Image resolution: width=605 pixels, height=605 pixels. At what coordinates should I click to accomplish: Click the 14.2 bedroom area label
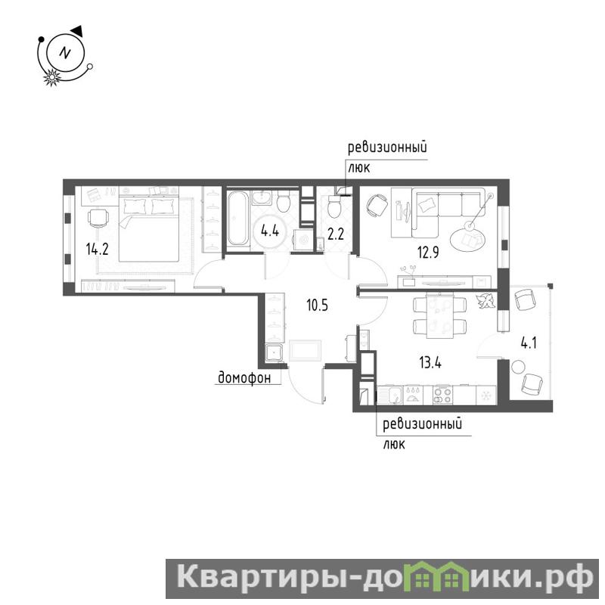click(x=98, y=250)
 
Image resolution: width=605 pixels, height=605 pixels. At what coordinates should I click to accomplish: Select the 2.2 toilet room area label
click(x=335, y=234)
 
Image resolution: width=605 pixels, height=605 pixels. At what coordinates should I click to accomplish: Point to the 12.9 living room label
click(x=428, y=253)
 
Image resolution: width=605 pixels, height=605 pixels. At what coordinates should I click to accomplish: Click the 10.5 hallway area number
click(x=317, y=306)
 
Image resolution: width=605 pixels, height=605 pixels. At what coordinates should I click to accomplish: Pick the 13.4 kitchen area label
click(x=430, y=363)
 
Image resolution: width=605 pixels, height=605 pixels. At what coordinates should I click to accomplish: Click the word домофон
click(x=244, y=377)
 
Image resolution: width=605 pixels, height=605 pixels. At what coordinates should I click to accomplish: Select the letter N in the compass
click(x=65, y=52)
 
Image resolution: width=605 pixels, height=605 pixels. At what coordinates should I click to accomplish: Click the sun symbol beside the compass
click(x=51, y=78)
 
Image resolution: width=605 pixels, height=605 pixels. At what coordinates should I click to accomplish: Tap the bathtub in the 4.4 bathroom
click(x=237, y=219)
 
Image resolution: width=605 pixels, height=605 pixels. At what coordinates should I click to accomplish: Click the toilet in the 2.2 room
click(x=334, y=206)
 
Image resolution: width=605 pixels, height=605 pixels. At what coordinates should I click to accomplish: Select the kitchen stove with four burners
click(x=442, y=395)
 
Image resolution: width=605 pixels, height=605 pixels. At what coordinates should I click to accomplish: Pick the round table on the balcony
click(x=518, y=367)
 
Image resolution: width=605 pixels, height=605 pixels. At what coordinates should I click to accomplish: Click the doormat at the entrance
click(x=306, y=350)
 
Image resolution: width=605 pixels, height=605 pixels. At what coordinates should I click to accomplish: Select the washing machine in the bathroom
click(x=303, y=240)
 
